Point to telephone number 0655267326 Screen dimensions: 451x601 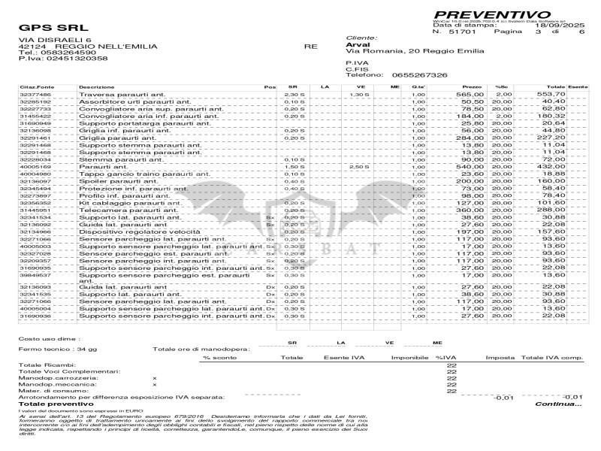click(x=410, y=75)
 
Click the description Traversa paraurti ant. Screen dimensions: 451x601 click(x=110, y=95)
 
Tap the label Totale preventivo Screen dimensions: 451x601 click(x=51, y=404)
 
